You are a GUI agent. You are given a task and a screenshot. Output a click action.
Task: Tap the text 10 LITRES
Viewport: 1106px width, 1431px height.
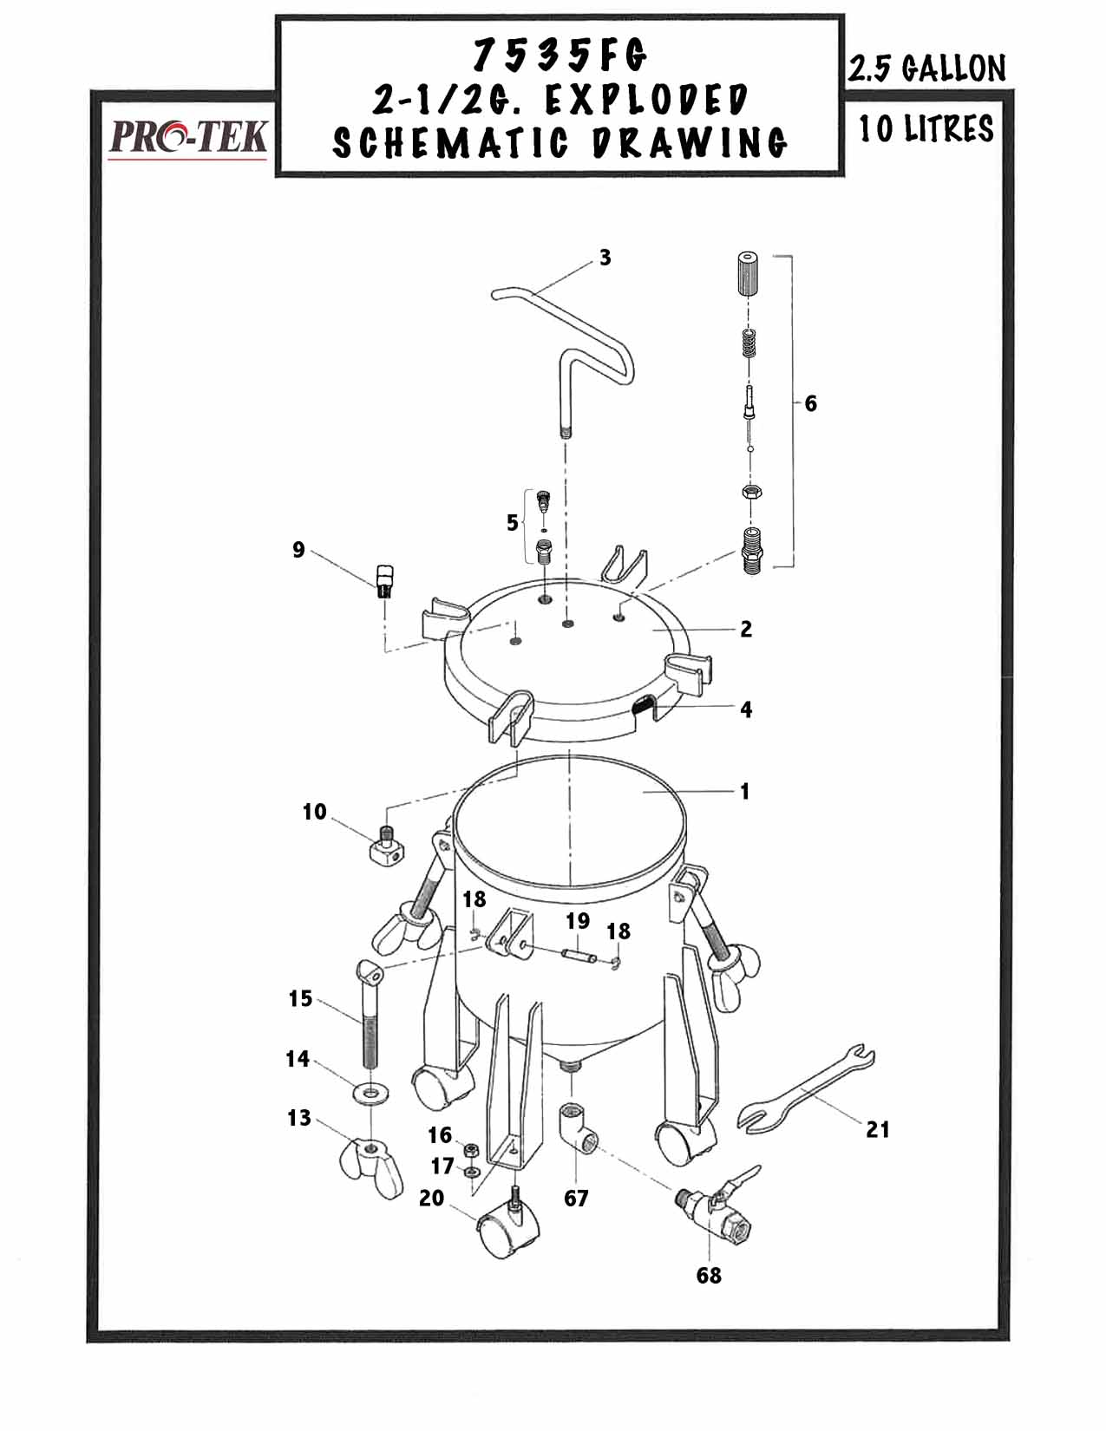[926, 129]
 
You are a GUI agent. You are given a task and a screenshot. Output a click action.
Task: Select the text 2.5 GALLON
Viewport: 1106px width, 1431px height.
[926, 68]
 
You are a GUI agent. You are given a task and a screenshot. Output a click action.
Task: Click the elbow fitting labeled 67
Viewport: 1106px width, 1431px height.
[577, 1127]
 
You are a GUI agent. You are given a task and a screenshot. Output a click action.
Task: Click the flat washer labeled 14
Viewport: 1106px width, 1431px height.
[371, 1090]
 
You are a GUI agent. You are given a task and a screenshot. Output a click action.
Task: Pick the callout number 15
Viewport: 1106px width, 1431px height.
[300, 999]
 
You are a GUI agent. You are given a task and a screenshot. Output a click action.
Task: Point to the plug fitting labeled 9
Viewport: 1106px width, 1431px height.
[384, 579]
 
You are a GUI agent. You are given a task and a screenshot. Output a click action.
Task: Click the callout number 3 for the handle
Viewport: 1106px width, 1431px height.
[605, 258]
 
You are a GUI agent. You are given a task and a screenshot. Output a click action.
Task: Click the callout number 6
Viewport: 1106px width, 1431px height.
[811, 403]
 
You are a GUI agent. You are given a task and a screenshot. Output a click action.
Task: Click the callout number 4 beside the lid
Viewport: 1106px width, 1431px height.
[746, 709]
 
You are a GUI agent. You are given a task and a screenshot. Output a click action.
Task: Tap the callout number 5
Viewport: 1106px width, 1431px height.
[513, 523]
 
